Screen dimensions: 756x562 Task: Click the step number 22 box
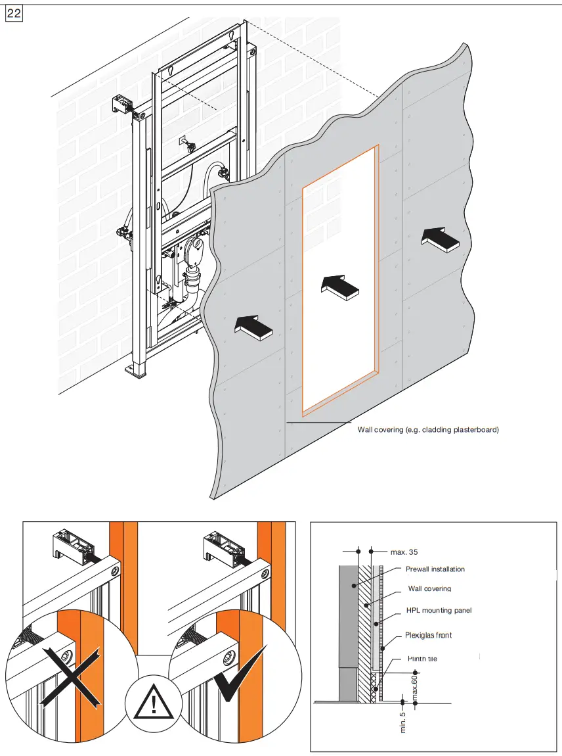14,14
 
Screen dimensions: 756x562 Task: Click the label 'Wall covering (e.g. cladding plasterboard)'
428,430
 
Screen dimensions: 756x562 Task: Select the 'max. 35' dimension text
404,552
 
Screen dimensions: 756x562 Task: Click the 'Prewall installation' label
435,569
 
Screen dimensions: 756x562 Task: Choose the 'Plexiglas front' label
428,635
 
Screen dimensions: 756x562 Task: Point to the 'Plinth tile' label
422,659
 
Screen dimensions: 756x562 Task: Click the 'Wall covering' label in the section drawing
429,589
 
